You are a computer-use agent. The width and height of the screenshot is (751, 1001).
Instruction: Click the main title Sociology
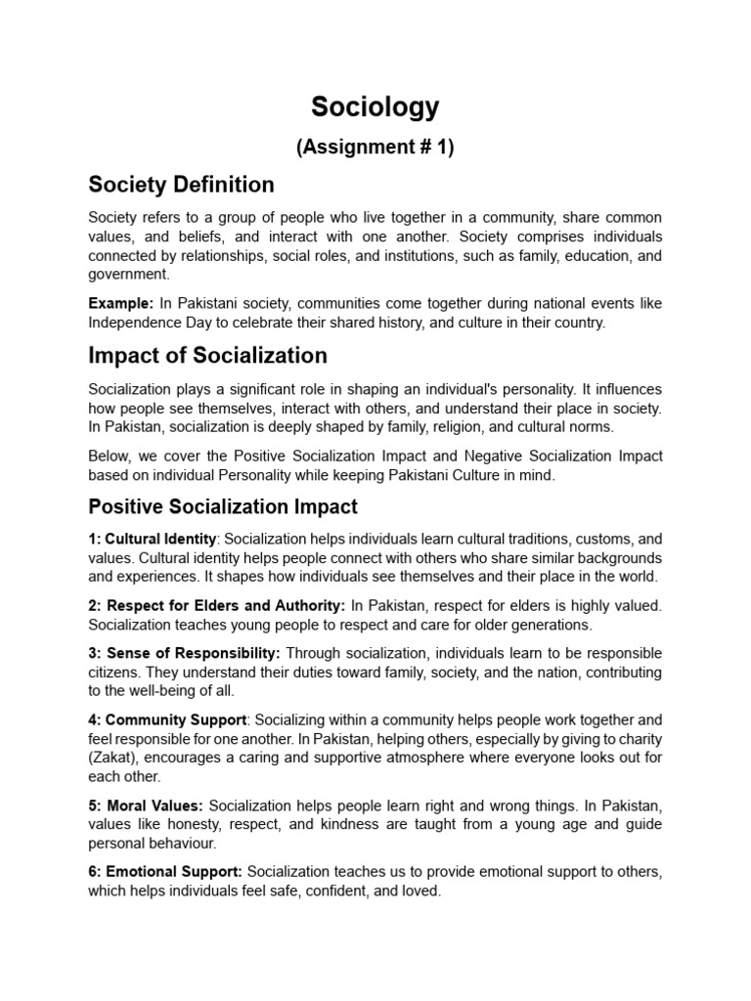coord(375,107)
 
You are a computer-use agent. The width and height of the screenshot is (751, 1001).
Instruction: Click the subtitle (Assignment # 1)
coord(375,148)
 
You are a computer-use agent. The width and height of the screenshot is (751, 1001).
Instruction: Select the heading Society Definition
coord(181,185)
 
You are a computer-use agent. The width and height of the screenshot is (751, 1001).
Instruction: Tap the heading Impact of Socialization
coord(207,355)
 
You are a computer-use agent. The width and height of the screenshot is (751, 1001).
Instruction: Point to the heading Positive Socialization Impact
coord(223,506)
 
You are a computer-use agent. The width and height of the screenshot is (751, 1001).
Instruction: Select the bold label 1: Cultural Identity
coord(154,539)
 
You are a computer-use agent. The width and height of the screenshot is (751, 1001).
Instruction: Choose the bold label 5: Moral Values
coord(146,805)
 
